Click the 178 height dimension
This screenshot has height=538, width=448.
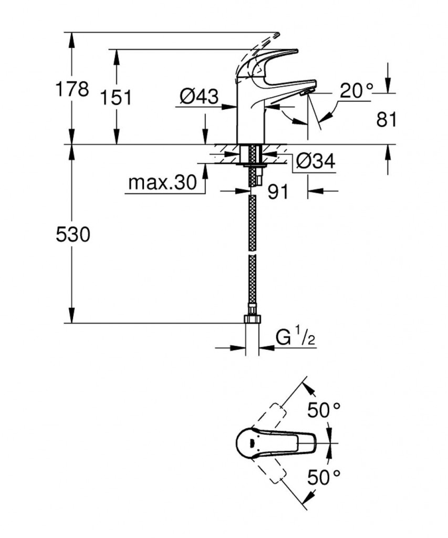point(72,89)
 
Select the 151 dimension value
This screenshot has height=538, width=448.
point(116,98)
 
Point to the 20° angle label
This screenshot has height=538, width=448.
point(357,91)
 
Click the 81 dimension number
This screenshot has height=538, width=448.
point(387,120)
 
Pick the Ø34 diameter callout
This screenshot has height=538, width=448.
point(315,161)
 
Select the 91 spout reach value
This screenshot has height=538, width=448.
point(278,192)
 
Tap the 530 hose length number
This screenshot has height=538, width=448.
point(73,235)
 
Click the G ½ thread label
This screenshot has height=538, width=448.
point(295,338)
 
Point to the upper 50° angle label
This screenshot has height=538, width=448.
point(324,410)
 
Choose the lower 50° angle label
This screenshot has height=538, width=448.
point(324,477)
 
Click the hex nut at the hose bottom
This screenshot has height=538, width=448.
point(252,319)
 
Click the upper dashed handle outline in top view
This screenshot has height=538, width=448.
point(270,416)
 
